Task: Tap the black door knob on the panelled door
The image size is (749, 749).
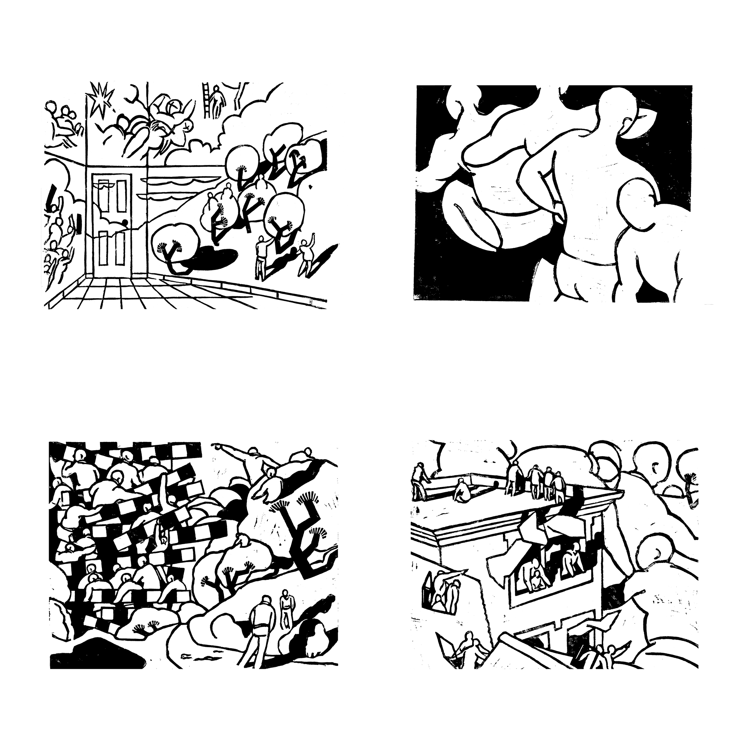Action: tap(125, 222)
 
